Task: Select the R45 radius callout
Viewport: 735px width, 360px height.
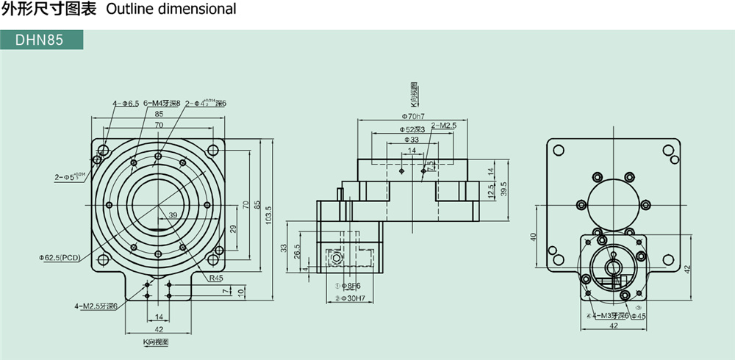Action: tap(215, 278)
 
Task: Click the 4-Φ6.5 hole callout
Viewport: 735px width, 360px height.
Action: tap(126, 104)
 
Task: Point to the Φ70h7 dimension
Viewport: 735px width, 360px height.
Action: tap(415, 116)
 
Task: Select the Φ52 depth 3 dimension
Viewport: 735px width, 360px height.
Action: tap(413, 129)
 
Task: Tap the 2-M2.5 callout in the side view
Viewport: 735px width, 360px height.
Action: tap(444, 126)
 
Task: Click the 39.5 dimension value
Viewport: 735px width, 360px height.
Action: tap(505, 190)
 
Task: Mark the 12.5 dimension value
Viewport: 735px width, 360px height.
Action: tap(490, 191)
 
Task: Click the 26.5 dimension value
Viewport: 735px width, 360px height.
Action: tap(297, 252)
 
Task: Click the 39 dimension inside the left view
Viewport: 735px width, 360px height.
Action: tap(173, 215)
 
